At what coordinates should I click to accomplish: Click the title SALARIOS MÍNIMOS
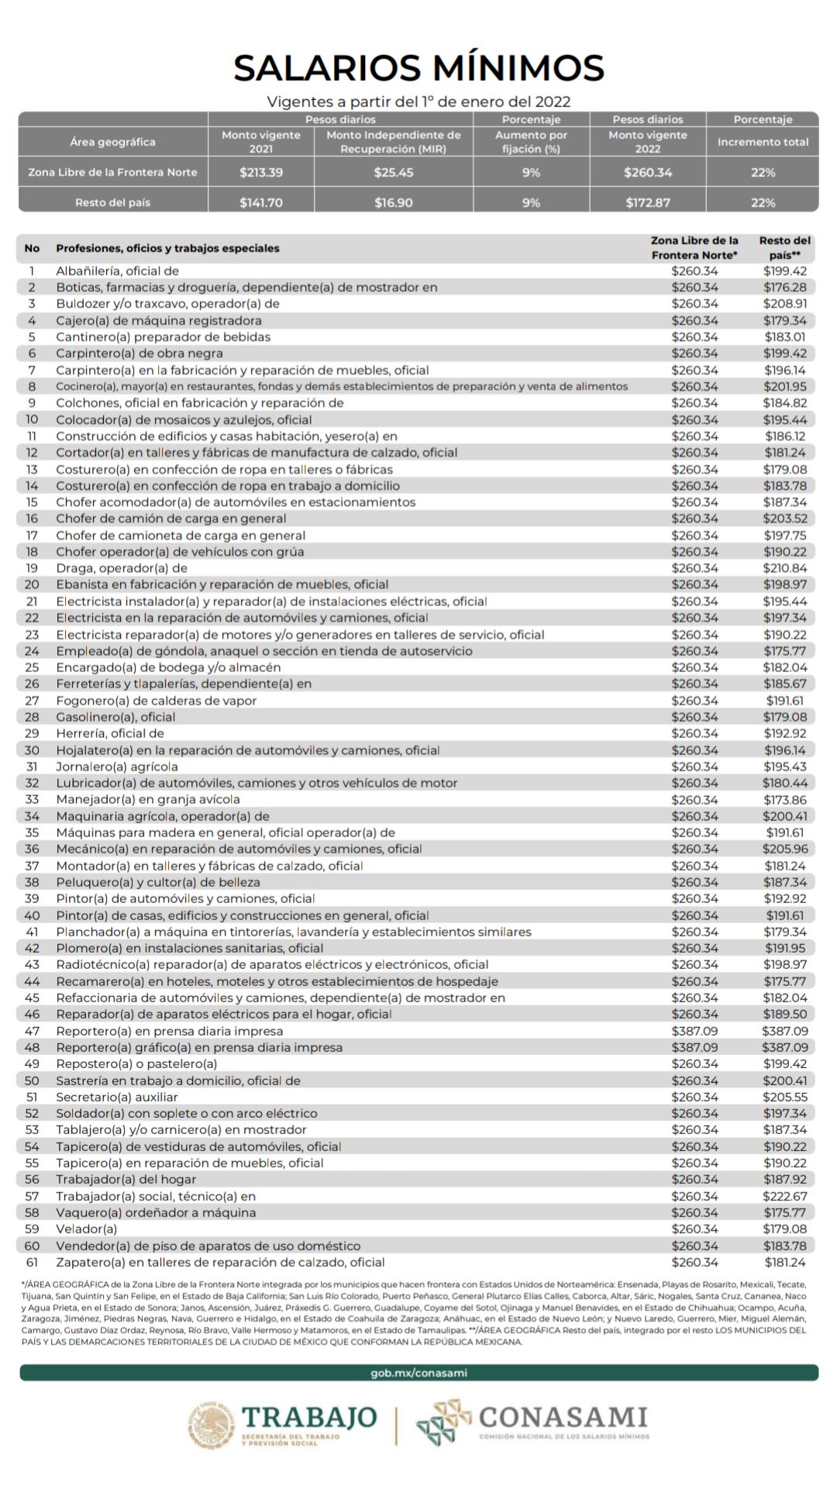418,68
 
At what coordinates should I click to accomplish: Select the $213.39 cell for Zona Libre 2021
261,172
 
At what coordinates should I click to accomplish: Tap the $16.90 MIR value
394,202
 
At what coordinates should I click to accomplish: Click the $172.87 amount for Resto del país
648,202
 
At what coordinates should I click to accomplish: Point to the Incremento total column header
763,142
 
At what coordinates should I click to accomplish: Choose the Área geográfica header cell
112,142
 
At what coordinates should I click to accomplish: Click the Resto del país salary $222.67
785,1196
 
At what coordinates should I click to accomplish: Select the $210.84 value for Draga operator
785,568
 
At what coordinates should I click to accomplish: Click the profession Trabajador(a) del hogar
126,1179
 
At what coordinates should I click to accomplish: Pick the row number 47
32,1031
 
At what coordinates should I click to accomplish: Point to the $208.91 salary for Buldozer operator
785,304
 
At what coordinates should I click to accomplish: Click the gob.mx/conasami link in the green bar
418,1373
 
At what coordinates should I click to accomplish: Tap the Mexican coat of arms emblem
211,1425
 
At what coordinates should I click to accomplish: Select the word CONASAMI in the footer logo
563,1418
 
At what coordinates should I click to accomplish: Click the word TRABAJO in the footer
309,1418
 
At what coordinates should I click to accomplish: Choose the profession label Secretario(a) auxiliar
117,1097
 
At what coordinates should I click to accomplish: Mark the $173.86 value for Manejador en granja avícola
785,799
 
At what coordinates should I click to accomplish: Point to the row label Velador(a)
87,1229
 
